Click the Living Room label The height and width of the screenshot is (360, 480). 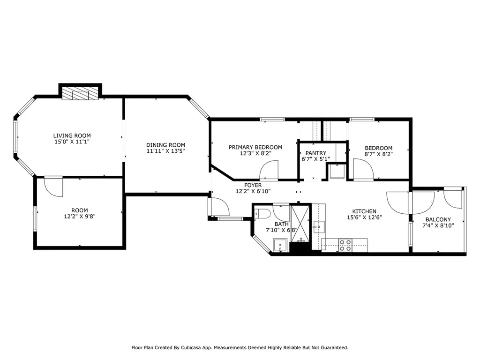coord(72,135)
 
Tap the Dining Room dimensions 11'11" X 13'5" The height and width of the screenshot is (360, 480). coord(165,151)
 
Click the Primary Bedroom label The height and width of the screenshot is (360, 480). coord(255,147)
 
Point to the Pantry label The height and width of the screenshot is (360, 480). coord(316,153)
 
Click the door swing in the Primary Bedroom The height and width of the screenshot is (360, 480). coord(270,170)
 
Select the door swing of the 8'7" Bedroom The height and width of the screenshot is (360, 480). coord(363,169)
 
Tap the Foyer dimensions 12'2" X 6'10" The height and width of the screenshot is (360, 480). coord(253,192)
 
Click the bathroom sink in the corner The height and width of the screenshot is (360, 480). coord(280,245)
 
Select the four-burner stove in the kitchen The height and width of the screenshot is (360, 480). coord(345,245)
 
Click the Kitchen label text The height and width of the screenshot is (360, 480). coord(364,211)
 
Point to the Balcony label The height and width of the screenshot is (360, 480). coord(438,219)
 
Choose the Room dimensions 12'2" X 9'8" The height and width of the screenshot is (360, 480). coord(80,217)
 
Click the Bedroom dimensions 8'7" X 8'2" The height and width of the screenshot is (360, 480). coord(378,154)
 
